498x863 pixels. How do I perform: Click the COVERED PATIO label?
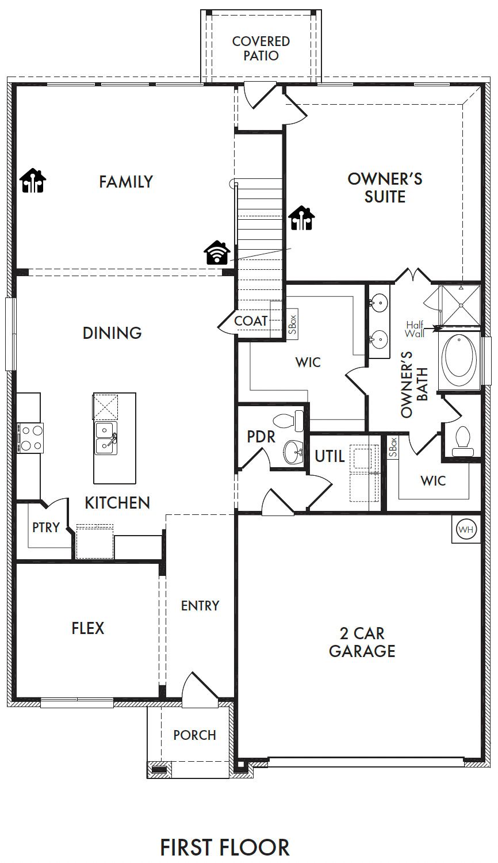(261, 48)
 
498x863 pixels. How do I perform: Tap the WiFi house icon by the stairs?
(217, 253)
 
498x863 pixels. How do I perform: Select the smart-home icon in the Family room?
(33, 180)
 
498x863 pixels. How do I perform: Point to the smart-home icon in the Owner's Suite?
(301, 218)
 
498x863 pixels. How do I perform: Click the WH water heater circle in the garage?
(466, 529)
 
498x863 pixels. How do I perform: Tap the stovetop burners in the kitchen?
(30, 438)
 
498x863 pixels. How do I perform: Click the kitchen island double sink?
(106, 438)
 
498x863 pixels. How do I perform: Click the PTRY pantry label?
(46, 527)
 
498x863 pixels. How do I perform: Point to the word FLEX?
(88, 628)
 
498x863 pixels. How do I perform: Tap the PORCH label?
(194, 735)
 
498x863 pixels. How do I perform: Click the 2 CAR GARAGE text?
(362, 642)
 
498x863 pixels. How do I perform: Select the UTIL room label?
(330, 457)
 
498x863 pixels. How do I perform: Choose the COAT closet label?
(251, 320)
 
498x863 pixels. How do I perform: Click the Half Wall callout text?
(415, 330)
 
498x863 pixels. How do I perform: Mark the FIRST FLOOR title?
(225, 847)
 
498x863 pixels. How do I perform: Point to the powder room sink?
(293, 452)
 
